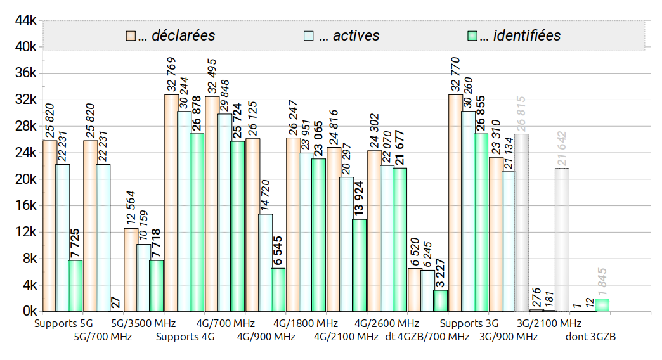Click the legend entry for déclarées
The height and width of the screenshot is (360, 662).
click(x=176, y=35)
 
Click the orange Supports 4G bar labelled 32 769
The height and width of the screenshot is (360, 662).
click(x=171, y=203)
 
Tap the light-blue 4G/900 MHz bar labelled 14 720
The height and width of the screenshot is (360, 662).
click(x=265, y=262)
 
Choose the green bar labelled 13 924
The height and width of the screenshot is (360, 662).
click(x=359, y=265)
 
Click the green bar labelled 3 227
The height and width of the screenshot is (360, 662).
click(x=440, y=300)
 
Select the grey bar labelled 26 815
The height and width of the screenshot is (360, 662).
click(x=521, y=222)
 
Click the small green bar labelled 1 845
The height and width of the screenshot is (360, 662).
click(x=602, y=305)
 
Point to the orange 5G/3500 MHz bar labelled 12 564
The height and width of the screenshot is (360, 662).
click(x=131, y=269)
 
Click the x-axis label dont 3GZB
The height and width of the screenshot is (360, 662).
click(x=590, y=337)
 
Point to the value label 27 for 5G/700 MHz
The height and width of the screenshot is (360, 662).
click(x=116, y=302)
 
